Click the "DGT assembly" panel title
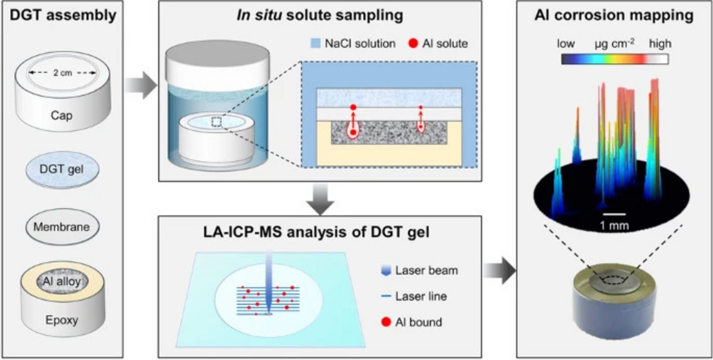(x=63, y=16)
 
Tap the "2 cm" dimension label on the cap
(x=62, y=73)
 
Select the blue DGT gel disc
(x=62, y=169)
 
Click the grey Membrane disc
(x=62, y=227)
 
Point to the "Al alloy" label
(x=62, y=281)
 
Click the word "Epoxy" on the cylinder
(x=62, y=320)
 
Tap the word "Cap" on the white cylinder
(x=62, y=115)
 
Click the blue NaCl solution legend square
(x=315, y=44)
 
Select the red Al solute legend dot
(x=413, y=44)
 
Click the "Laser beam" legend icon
(x=386, y=271)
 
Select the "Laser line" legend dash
(x=386, y=296)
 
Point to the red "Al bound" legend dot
(x=386, y=322)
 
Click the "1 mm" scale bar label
(x=614, y=225)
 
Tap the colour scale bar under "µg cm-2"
(x=615, y=59)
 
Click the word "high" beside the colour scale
(x=660, y=44)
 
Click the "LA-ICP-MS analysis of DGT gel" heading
(x=316, y=232)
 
